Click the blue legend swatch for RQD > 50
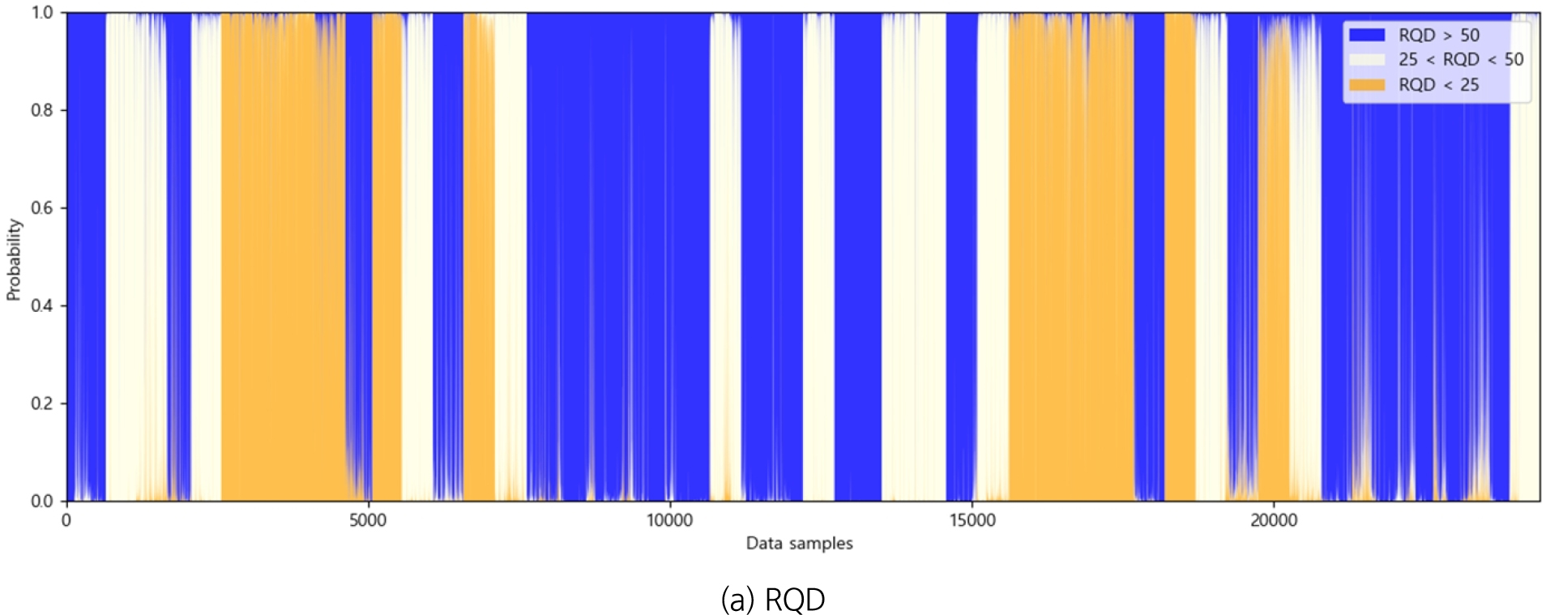coord(1367,35)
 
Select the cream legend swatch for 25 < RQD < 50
coord(1367,59)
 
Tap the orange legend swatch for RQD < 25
coord(1367,84)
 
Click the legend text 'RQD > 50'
coord(1438,35)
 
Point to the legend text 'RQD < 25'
coord(1438,84)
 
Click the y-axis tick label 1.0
coord(42,13)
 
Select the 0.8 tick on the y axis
coord(42,110)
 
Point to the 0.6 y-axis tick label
coord(42,208)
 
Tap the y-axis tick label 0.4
coord(42,305)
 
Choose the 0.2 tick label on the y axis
coord(42,404)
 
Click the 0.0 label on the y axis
coord(42,501)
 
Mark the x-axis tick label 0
coord(66,520)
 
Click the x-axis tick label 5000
coord(368,520)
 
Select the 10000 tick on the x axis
coord(669,520)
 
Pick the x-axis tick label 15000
coord(972,520)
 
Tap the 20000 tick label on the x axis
coord(1274,520)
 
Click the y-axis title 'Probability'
coord(14,259)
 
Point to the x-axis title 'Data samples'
coord(799,543)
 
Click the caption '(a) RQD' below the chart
coord(773,600)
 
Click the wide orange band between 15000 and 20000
coord(1070,259)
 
